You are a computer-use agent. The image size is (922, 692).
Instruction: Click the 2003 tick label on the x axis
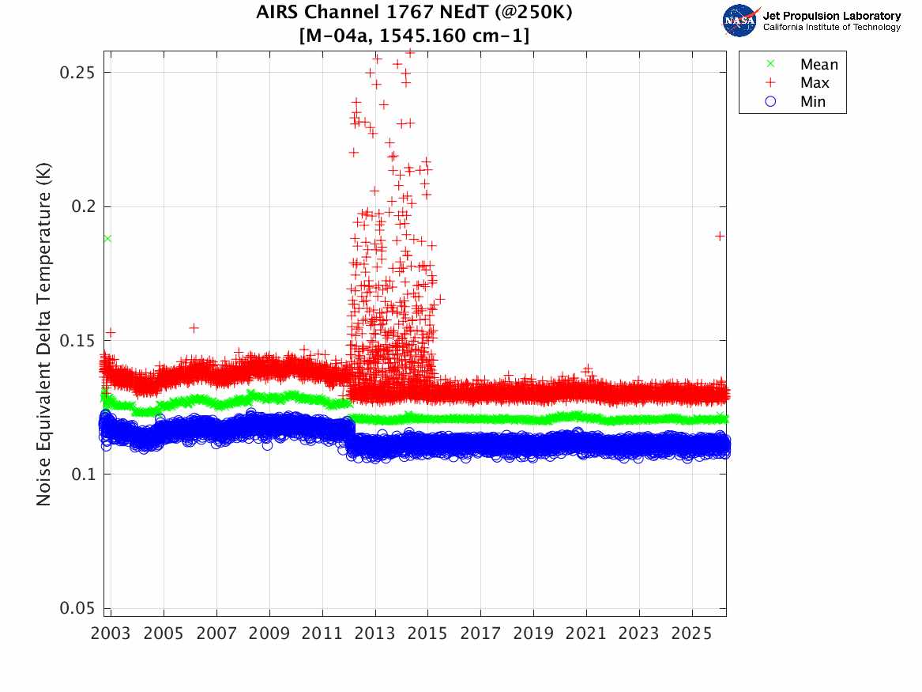(111, 633)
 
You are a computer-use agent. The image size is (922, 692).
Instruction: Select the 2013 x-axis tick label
(375, 633)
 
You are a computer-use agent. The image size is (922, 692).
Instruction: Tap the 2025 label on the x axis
(692, 633)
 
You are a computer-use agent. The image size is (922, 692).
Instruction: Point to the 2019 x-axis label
(533, 633)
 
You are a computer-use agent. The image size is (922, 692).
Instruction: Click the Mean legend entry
(819, 65)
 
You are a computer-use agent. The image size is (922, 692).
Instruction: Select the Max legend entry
(815, 83)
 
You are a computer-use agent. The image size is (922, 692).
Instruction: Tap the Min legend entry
(813, 102)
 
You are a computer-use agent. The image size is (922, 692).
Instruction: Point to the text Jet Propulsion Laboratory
(831, 15)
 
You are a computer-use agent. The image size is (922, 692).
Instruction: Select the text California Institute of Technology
(831, 28)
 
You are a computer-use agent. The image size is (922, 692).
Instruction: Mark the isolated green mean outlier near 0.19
(107, 238)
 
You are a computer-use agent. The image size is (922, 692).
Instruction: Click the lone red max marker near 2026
(720, 236)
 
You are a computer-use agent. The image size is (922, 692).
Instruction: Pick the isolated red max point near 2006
(194, 327)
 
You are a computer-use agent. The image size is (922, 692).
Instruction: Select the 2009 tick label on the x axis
(269, 633)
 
